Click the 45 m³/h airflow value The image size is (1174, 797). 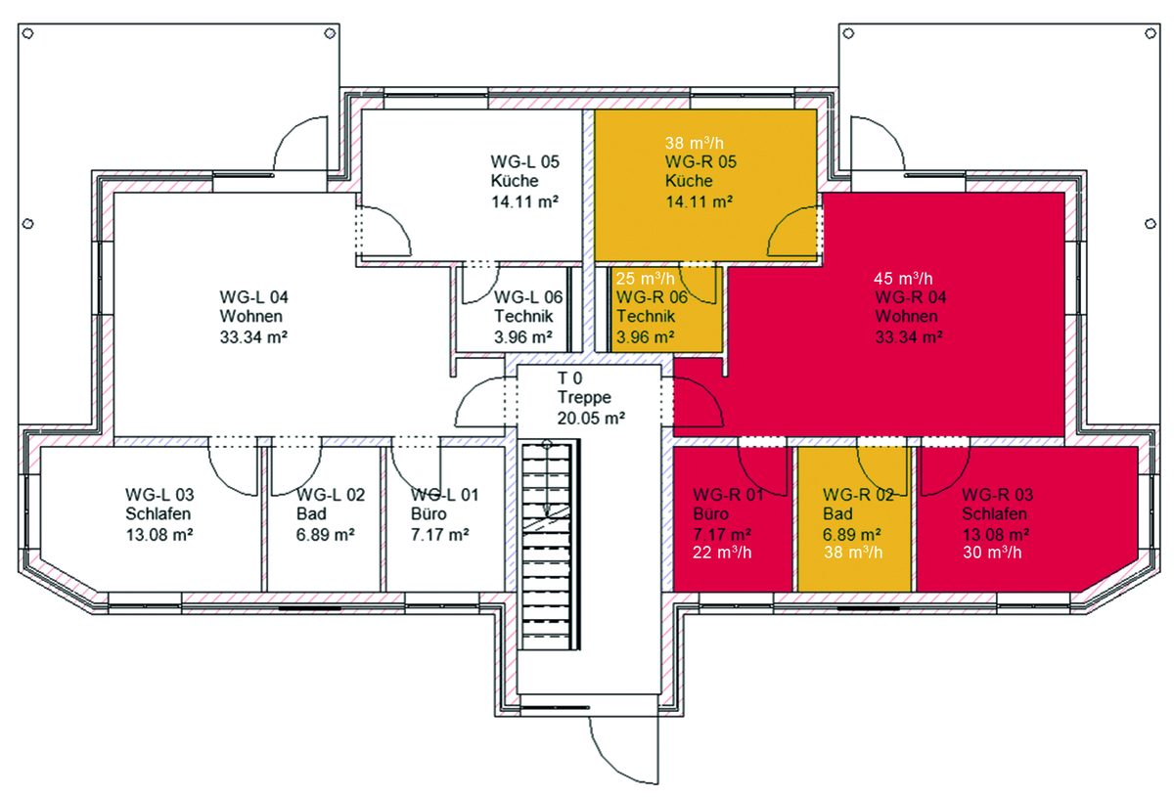click(903, 279)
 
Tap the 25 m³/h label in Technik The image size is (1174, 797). click(645, 279)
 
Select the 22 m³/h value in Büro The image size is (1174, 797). click(722, 553)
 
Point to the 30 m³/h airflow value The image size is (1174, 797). click(992, 553)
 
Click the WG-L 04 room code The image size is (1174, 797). click(253, 297)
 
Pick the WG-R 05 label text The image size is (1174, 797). click(700, 161)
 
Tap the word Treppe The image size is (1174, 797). click(584, 397)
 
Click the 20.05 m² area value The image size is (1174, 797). click(591, 419)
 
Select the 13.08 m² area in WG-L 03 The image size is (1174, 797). click(159, 535)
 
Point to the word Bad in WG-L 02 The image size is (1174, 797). click(311, 513)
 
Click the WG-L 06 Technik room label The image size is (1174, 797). click(527, 317)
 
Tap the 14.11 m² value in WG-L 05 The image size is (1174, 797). click(524, 201)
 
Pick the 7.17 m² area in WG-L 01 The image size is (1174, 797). click(439, 535)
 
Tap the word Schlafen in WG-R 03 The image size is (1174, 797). click(994, 513)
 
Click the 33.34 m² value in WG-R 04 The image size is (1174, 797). click(909, 336)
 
